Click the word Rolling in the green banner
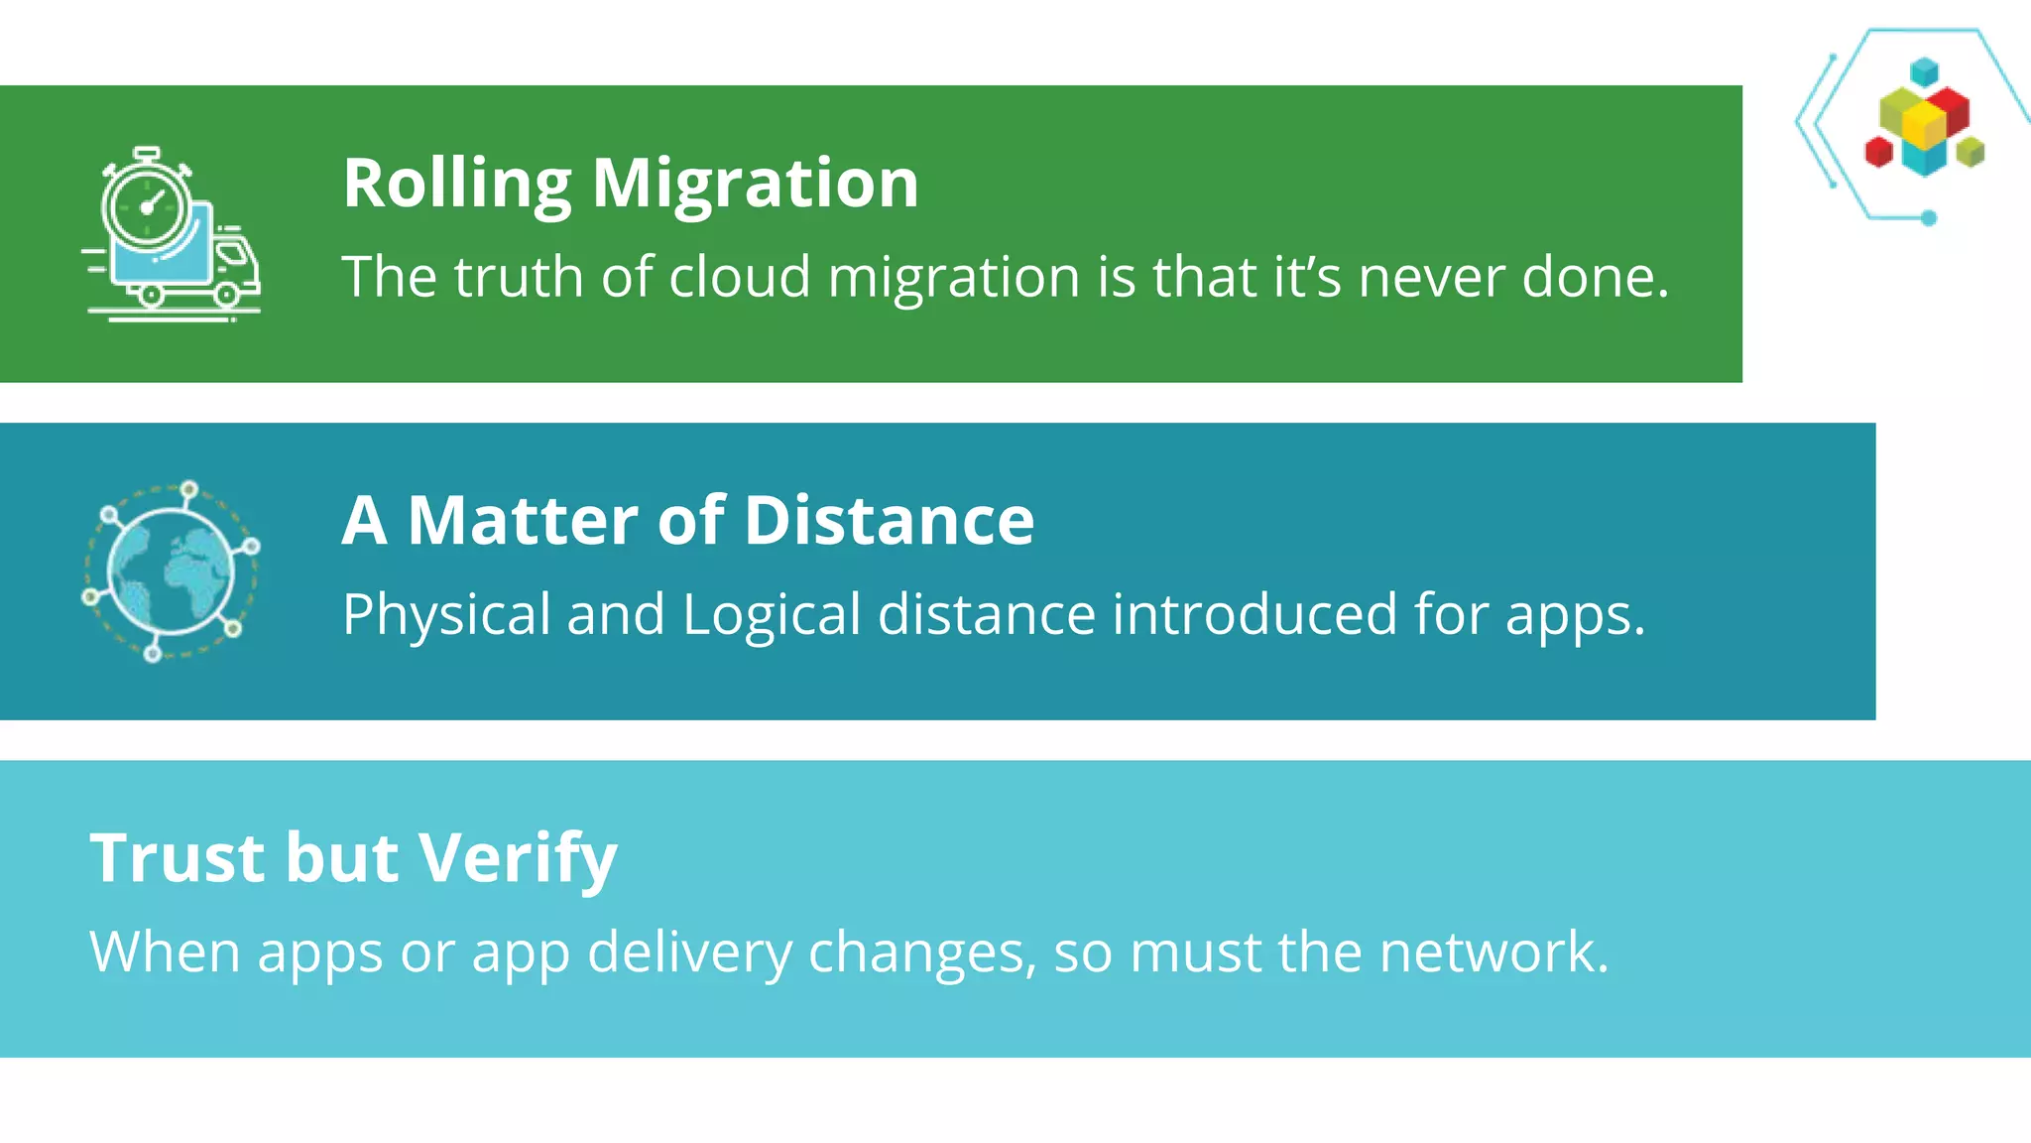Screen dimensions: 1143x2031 tap(456, 185)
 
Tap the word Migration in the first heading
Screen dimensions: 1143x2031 tap(755, 185)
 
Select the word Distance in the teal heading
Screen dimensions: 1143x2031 tap(889, 521)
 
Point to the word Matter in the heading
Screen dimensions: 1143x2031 tap(523, 521)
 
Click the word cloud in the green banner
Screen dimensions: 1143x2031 tap(740, 277)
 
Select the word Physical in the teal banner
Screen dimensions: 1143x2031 tap(446, 614)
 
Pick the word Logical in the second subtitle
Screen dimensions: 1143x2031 tap(772, 616)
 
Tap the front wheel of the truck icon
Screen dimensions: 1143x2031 tap(227, 294)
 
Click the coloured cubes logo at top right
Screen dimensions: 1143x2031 tap(1923, 122)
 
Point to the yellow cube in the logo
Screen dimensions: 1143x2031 tap(1924, 124)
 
